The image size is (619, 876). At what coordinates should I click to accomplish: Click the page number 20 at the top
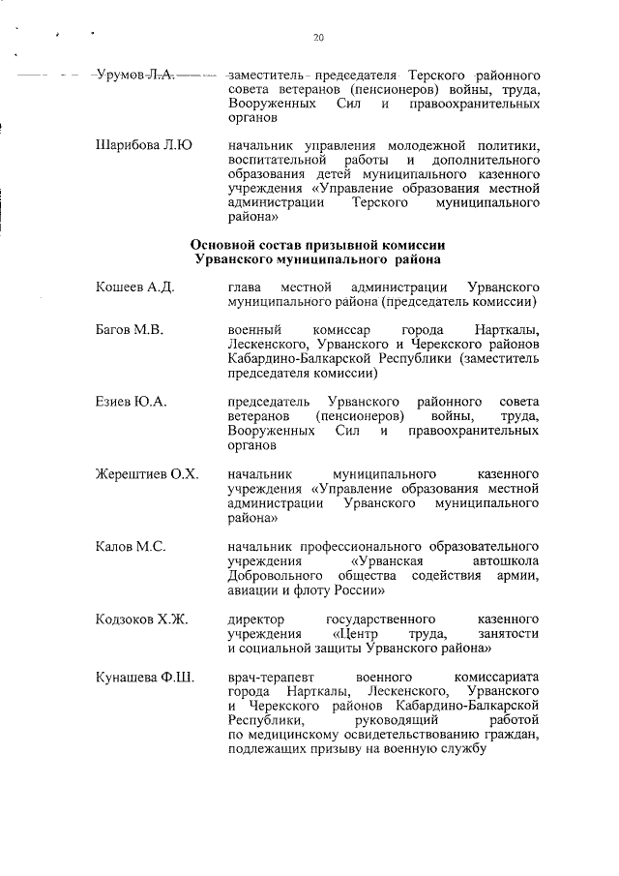point(318,38)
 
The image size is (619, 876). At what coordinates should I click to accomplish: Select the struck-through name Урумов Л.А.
point(134,75)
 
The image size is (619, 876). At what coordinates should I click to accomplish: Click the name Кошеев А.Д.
point(134,287)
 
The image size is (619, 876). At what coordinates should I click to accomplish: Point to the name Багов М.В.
point(130,330)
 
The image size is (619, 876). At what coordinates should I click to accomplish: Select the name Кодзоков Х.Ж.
point(142,619)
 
